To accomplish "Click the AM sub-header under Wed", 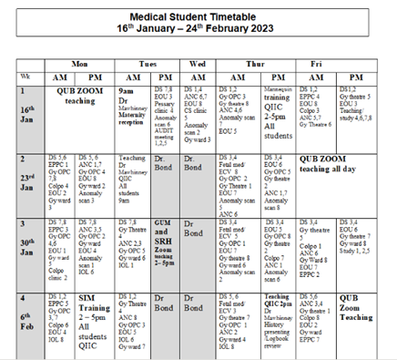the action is point(196,77).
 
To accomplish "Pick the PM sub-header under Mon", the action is point(97,77).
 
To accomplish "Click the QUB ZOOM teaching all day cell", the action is point(337,163).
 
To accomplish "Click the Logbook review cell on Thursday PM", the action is point(280,314).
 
